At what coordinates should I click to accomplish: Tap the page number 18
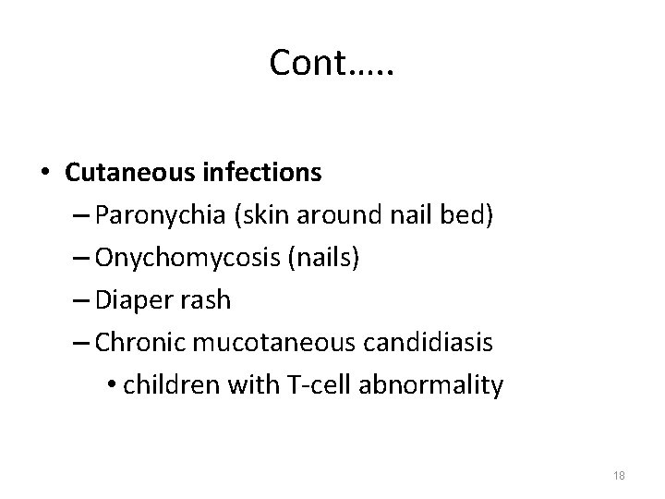619,475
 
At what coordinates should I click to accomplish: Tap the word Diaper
125,300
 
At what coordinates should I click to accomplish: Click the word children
163,385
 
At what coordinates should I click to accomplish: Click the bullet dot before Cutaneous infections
43,173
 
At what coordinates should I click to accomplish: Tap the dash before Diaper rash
78,301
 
